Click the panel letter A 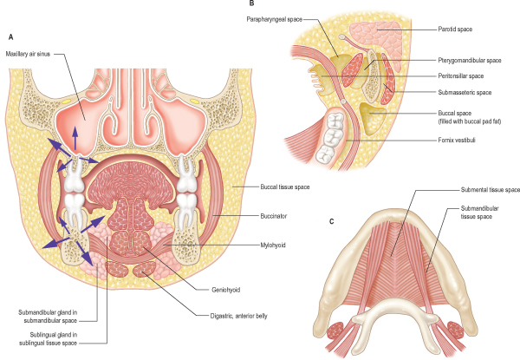[10, 38]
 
